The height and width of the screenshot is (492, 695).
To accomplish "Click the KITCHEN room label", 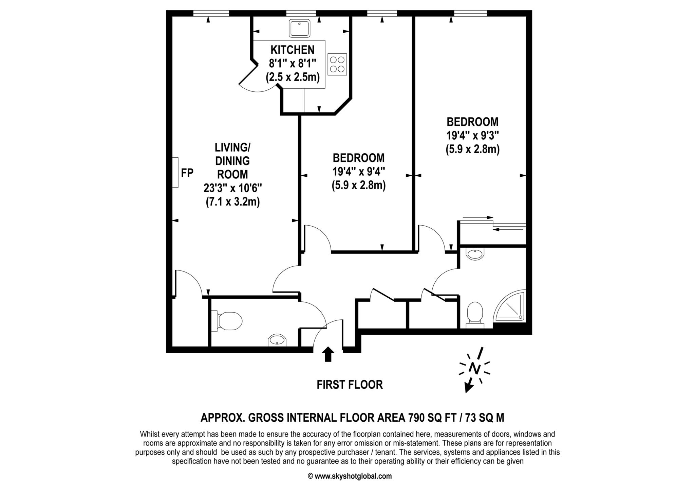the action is pos(292,50).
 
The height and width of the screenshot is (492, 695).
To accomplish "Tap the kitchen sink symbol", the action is pos(300,28).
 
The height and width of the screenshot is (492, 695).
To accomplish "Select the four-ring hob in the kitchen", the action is pos(337,64).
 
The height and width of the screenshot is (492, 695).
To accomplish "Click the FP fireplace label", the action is pos(187,173).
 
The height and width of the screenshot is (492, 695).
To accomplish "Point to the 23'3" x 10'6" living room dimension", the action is pos(232,188).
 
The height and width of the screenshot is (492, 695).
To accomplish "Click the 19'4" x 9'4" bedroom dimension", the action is pos(358,172).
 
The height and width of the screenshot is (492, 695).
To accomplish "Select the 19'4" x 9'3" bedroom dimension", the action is pos(472,136).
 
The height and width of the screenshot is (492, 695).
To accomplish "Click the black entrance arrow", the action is pos(327,354).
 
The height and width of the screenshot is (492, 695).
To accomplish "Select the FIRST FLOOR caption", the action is pos(350,385).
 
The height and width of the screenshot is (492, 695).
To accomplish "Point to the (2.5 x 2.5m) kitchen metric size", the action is pos(293,77).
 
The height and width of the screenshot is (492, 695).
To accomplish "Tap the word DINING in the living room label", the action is pos(232,161).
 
